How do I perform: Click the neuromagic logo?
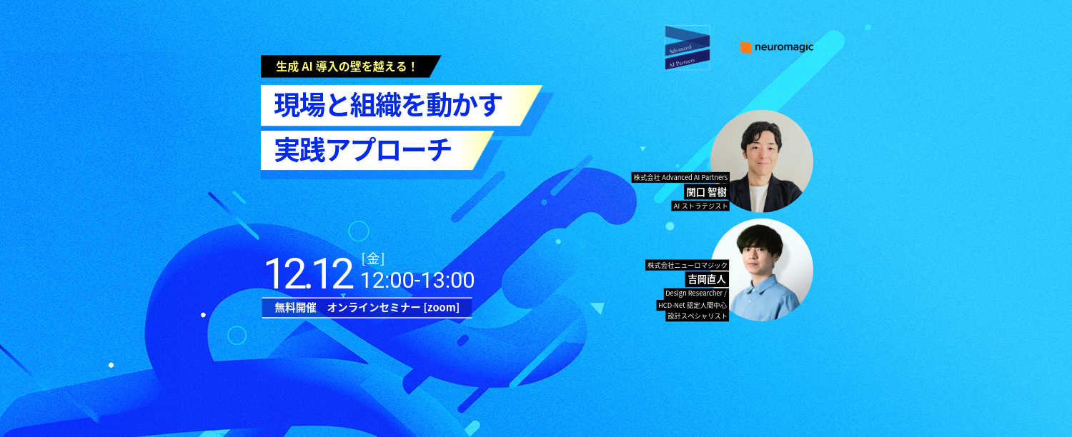pyautogui.click(x=777, y=47)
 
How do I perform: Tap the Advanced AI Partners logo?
pyautogui.click(x=687, y=48)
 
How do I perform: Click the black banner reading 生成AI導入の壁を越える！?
pyautogui.click(x=347, y=66)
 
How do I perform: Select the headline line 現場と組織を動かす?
pyautogui.click(x=388, y=105)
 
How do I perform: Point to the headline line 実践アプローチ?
pyautogui.click(x=364, y=150)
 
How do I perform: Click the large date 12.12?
pyautogui.click(x=309, y=273)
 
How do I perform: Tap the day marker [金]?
pyautogui.click(x=373, y=258)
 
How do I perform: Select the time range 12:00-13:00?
pyautogui.click(x=417, y=280)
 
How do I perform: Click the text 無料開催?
pyautogui.click(x=295, y=308)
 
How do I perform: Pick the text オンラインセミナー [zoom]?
pyautogui.click(x=394, y=308)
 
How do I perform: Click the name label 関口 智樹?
pyautogui.click(x=705, y=191)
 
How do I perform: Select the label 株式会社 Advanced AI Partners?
pyautogui.click(x=680, y=177)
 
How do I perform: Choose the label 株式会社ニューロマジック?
pyautogui.click(x=687, y=265)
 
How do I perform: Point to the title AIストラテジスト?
pyautogui.click(x=700, y=206)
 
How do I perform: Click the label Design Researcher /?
pyautogui.click(x=695, y=293)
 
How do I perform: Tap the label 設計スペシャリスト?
pyautogui.click(x=697, y=316)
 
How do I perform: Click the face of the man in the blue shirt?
pyautogui.click(x=758, y=253)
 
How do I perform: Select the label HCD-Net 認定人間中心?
pyautogui.click(x=692, y=305)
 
